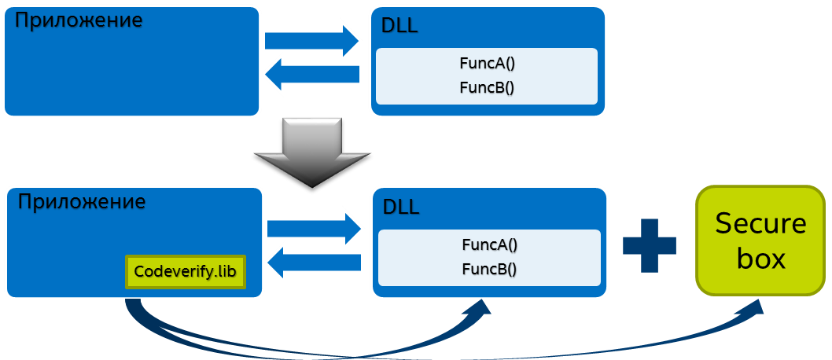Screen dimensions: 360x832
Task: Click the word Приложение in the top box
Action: [79, 20]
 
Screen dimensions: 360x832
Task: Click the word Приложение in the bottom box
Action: [82, 201]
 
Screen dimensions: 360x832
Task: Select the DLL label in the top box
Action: [399, 27]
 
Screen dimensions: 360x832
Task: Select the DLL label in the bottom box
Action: [401, 208]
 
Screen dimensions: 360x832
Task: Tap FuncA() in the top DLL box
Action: [487, 63]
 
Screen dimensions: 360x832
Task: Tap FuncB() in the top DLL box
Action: [487, 86]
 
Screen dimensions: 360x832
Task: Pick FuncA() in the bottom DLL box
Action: [489, 244]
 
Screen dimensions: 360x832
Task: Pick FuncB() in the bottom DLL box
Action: [489, 269]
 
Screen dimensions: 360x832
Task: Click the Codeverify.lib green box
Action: [186, 272]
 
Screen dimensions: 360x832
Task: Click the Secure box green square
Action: [760, 241]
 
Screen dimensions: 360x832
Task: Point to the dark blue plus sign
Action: [650, 245]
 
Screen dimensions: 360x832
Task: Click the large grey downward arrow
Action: [312, 152]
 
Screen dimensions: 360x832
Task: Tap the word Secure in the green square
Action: [760, 224]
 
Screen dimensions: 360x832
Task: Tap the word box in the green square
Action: [760, 259]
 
